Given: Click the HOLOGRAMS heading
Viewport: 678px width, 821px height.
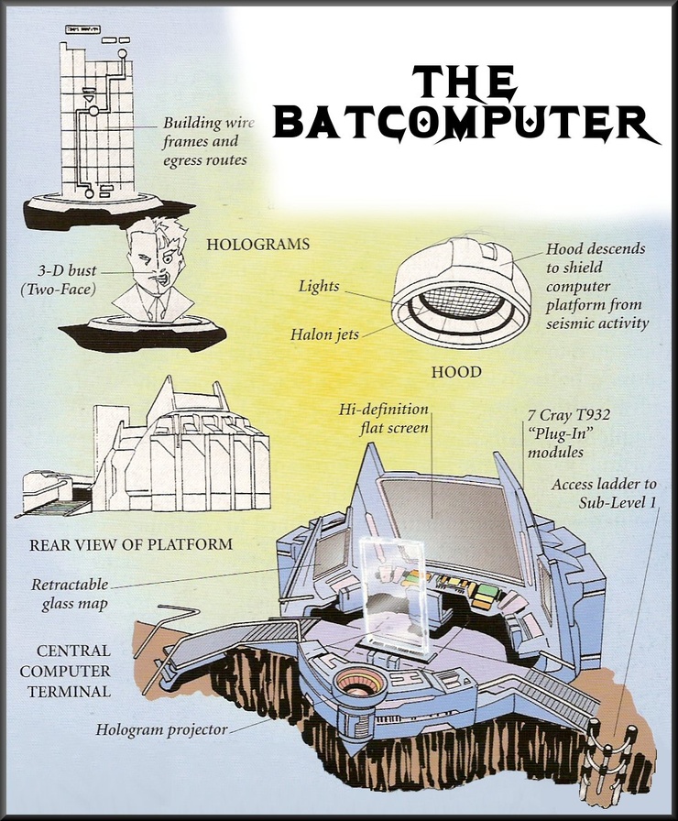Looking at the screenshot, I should click(257, 245).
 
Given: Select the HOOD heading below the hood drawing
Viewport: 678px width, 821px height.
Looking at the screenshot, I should click(456, 373).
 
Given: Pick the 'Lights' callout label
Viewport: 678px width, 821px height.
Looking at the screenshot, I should click(318, 286).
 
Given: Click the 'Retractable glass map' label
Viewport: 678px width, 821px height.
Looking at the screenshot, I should click(70, 593).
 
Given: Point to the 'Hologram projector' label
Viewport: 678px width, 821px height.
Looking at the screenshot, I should click(162, 730).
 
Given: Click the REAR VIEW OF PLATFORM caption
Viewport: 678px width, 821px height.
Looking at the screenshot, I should click(131, 544).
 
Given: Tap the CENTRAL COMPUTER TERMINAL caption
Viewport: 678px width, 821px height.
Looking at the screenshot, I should click(73, 671).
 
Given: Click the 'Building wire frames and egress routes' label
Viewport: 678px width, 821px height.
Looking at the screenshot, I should click(205, 141).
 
